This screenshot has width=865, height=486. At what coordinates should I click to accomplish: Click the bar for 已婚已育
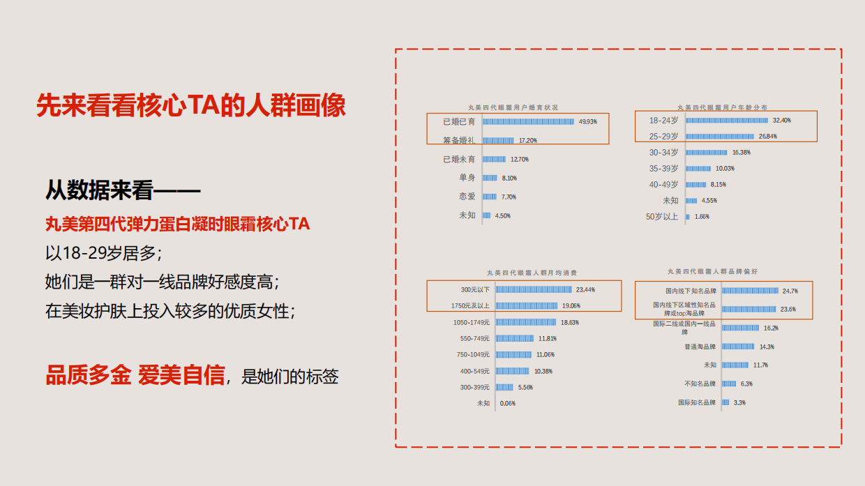point(529,121)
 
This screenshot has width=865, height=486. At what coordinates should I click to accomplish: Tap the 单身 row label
point(467,178)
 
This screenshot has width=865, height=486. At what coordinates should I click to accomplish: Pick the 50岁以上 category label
point(662,217)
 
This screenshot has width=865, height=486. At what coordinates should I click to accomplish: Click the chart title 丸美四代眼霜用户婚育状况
point(513,107)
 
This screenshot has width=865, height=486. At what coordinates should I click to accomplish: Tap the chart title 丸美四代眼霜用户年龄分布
point(722,107)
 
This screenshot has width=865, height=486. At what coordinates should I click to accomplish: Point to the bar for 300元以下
point(534,289)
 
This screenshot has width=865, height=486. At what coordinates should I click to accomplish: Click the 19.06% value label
point(571,306)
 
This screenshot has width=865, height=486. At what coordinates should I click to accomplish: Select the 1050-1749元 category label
point(472,322)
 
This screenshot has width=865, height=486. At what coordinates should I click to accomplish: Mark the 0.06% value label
point(508,403)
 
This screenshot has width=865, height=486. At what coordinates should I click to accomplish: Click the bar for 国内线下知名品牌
point(750,291)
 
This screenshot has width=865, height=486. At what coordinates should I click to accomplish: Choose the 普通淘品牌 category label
point(700,347)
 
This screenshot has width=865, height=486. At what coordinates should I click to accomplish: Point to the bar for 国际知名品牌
point(725,402)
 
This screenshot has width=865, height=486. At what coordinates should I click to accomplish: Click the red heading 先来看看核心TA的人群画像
point(191,106)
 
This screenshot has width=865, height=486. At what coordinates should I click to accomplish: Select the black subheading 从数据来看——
point(123,190)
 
